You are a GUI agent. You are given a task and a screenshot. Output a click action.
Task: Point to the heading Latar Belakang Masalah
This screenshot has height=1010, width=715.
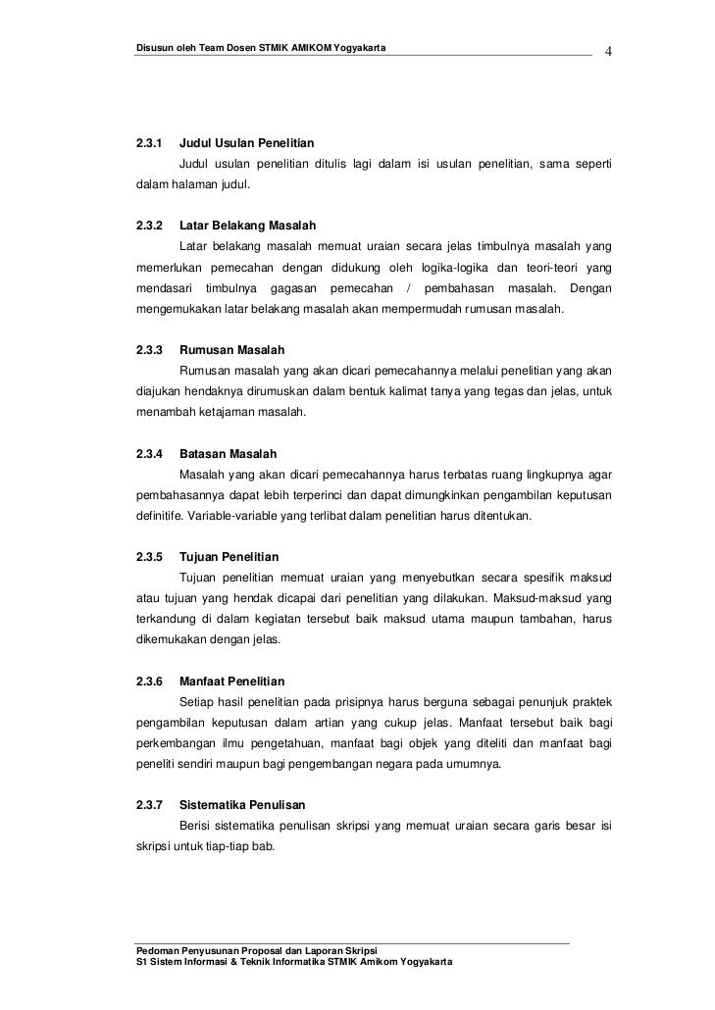[x=248, y=226]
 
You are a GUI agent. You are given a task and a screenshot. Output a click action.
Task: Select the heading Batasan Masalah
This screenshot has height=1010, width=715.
[x=229, y=454]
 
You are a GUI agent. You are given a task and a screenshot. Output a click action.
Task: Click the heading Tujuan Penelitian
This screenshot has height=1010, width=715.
[x=230, y=557]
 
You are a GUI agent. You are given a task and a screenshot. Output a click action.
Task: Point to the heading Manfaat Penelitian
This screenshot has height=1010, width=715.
[x=232, y=681]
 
